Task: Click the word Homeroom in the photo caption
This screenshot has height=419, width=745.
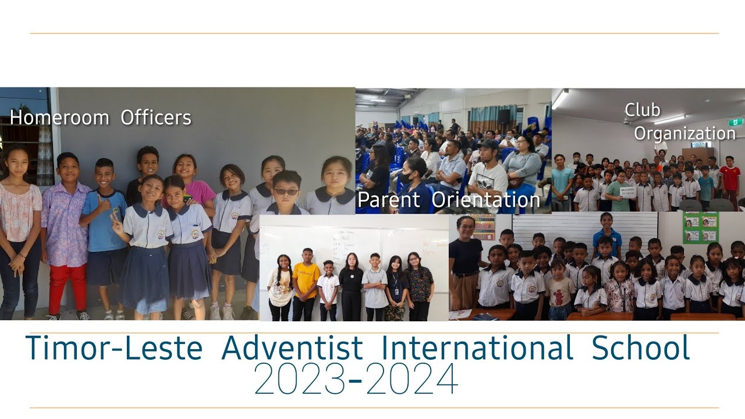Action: pyautogui.click(x=59, y=118)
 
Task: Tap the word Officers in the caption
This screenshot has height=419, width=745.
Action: pyautogui.click(x=156, y=118)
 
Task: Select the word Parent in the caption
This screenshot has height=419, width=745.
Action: pyautogui.click(x=389, y=200)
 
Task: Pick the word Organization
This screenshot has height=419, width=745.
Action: pyautogui.click(x=684, y=133)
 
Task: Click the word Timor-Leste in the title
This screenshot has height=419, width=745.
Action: pyautogui.click(x=114, y=348)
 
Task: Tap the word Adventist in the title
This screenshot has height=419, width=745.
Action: pyautogui.click(x=292, y=348)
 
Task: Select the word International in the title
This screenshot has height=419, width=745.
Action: pyautogui.click(x=477, y=348)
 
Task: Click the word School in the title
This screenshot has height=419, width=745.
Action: pyautogui.click(x=641, y=348)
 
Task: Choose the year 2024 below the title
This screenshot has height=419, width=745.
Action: pyautogui.click(x=412, y=380)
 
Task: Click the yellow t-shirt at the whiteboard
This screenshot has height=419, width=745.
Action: pyautogui.click(x=306, y=279)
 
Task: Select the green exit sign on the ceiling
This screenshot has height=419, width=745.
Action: pyautogui.click(x=736, y=122)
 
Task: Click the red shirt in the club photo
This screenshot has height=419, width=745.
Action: pyautogui.click(x=729, y=177)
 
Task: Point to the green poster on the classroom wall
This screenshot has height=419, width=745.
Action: pyautogui.click(x=701, y=228)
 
